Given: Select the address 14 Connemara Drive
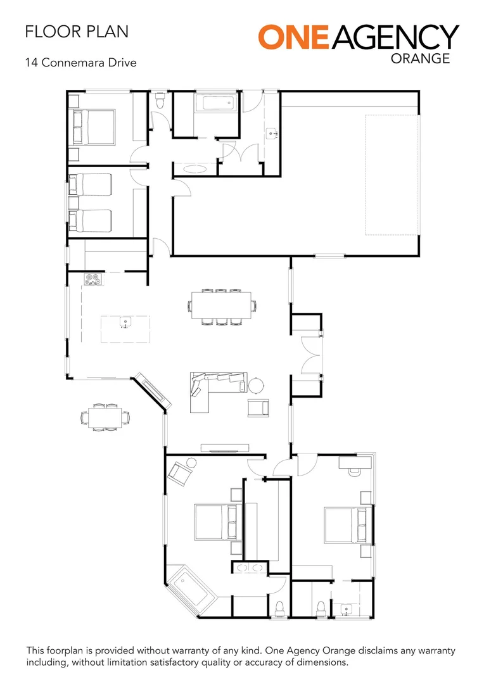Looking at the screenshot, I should click(x=80, y=63).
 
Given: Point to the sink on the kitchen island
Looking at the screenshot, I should click(x=125, y=323).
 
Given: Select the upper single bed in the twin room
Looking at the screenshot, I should click(x=91, y=184).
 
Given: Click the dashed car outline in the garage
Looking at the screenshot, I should click(x=392, y=174).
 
